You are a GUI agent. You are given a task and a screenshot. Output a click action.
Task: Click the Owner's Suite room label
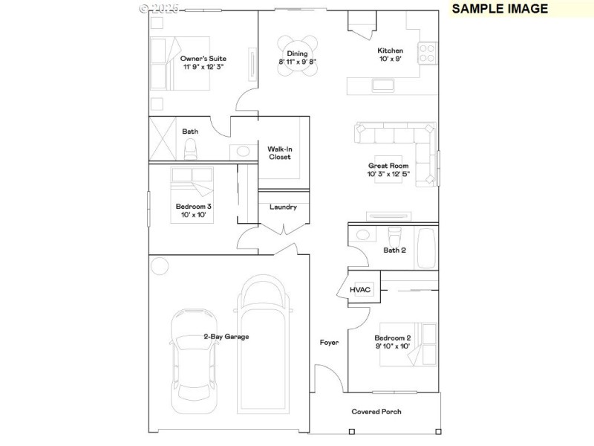tap(203, 58)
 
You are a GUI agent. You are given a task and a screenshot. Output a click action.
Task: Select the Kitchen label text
tap(389, 51)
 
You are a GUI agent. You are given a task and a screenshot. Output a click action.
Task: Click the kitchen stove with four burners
tap(428, 53)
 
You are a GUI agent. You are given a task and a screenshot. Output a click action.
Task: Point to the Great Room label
tap(388, 166)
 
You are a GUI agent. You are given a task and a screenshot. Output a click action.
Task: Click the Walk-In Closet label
tap(279, 153)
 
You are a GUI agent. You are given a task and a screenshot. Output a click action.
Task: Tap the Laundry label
tap(283, 207)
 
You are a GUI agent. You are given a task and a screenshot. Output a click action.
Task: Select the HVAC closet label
tap(359, 289)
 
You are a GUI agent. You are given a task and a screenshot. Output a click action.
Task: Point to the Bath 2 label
tap(394, 251)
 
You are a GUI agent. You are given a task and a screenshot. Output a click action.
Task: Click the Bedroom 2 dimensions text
tap(391, 346)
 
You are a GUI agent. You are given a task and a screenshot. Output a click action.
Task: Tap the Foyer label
tap(329, 343)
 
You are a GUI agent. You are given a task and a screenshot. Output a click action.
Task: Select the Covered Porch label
tap(376, 411)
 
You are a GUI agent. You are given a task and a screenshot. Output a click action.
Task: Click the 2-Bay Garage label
tap(226, 337)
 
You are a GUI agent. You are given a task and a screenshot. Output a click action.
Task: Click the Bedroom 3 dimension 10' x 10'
tap(193, 215)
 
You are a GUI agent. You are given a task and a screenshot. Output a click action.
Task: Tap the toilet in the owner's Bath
tap(190, 148)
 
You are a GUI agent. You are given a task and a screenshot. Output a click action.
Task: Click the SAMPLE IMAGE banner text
tap(500, 9)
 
